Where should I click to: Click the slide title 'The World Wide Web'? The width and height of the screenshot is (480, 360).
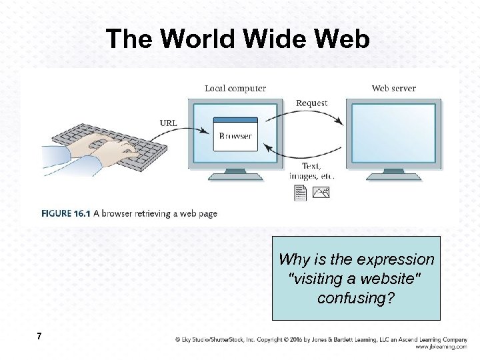237,39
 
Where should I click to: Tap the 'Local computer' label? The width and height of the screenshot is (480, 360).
235,88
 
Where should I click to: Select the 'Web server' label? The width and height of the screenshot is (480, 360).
393,88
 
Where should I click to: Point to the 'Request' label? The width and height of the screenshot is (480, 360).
311,103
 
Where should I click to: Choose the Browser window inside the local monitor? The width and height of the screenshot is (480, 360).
235,134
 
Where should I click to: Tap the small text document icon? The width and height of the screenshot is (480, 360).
300,193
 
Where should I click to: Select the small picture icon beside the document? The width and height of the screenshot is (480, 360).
321,193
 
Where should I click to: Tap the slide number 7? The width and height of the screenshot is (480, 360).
40,337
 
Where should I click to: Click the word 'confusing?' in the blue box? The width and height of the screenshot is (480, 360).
356,298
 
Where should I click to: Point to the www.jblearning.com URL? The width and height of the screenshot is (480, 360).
441,347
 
